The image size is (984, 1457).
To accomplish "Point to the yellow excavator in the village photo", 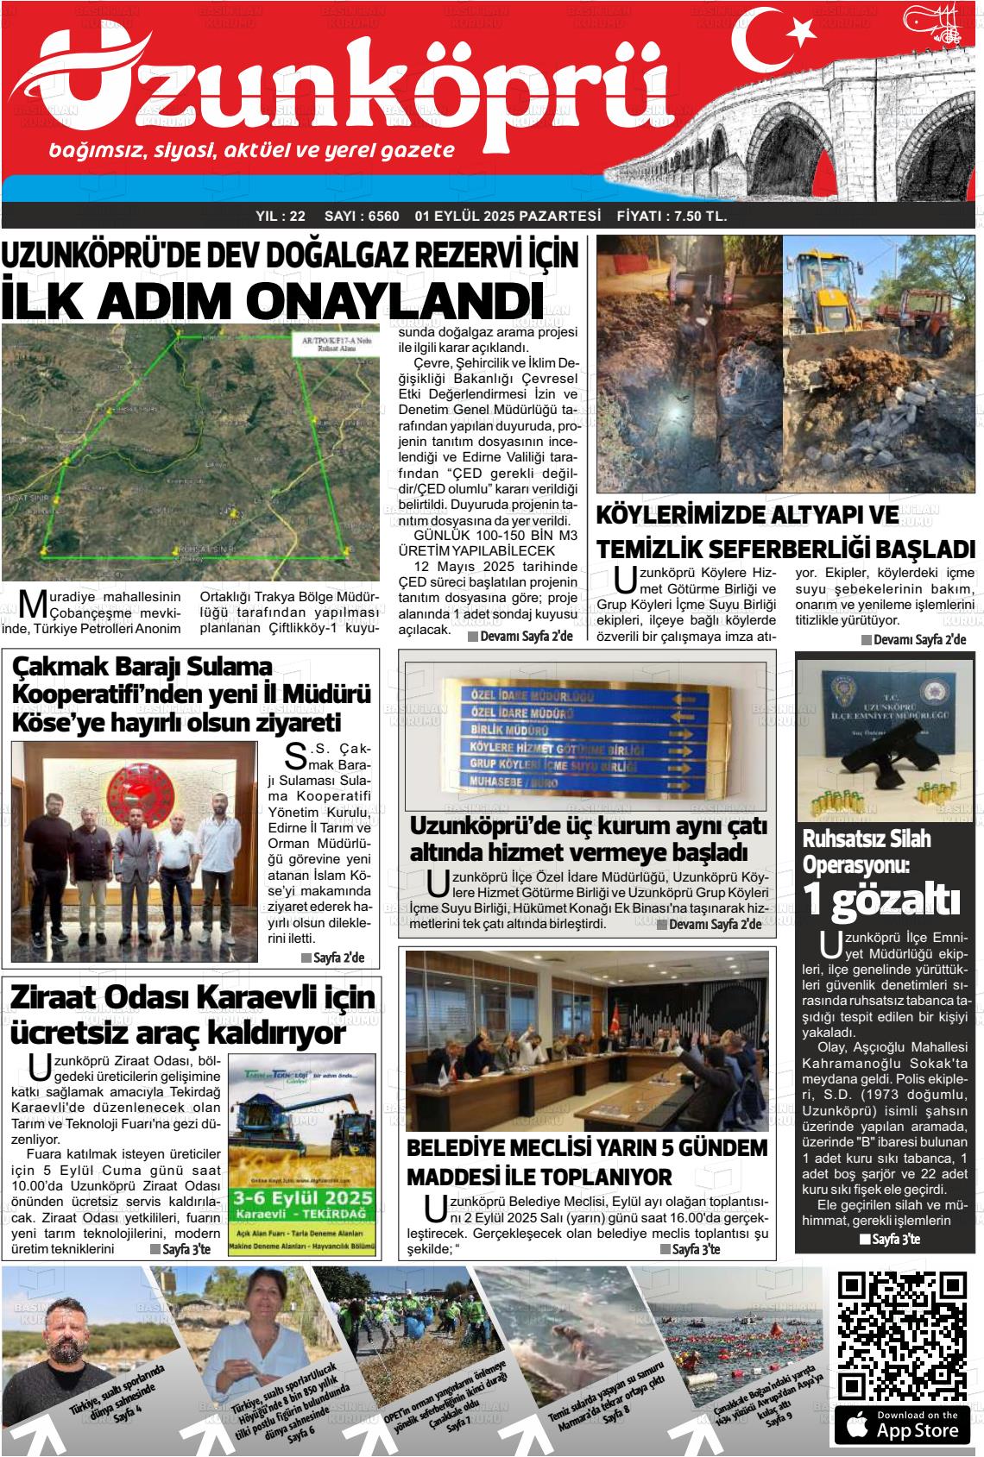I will pyautogui.click(x=830, y=285).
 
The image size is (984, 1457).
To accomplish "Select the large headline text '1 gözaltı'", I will pyautogui.click(x=881, y=899).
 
